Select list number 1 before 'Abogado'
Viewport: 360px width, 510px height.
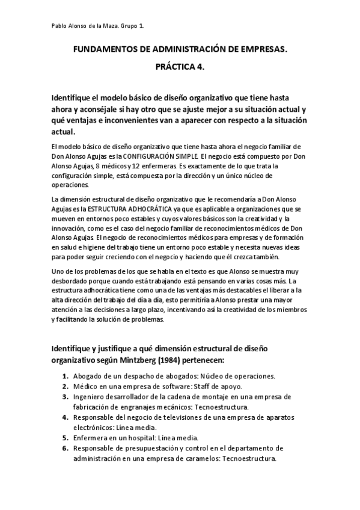(x=64, y=376)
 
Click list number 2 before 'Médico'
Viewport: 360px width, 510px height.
(x=64, y=387)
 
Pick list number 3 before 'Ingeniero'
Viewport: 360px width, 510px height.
(x=64, y=397)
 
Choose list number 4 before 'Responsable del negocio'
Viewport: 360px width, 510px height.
(x=64, y=417)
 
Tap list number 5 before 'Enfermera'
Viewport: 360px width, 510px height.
(x=64, y=438)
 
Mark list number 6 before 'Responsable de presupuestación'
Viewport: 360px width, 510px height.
(x=64, y=448)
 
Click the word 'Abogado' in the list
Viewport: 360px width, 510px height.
(x=90, y=376)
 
